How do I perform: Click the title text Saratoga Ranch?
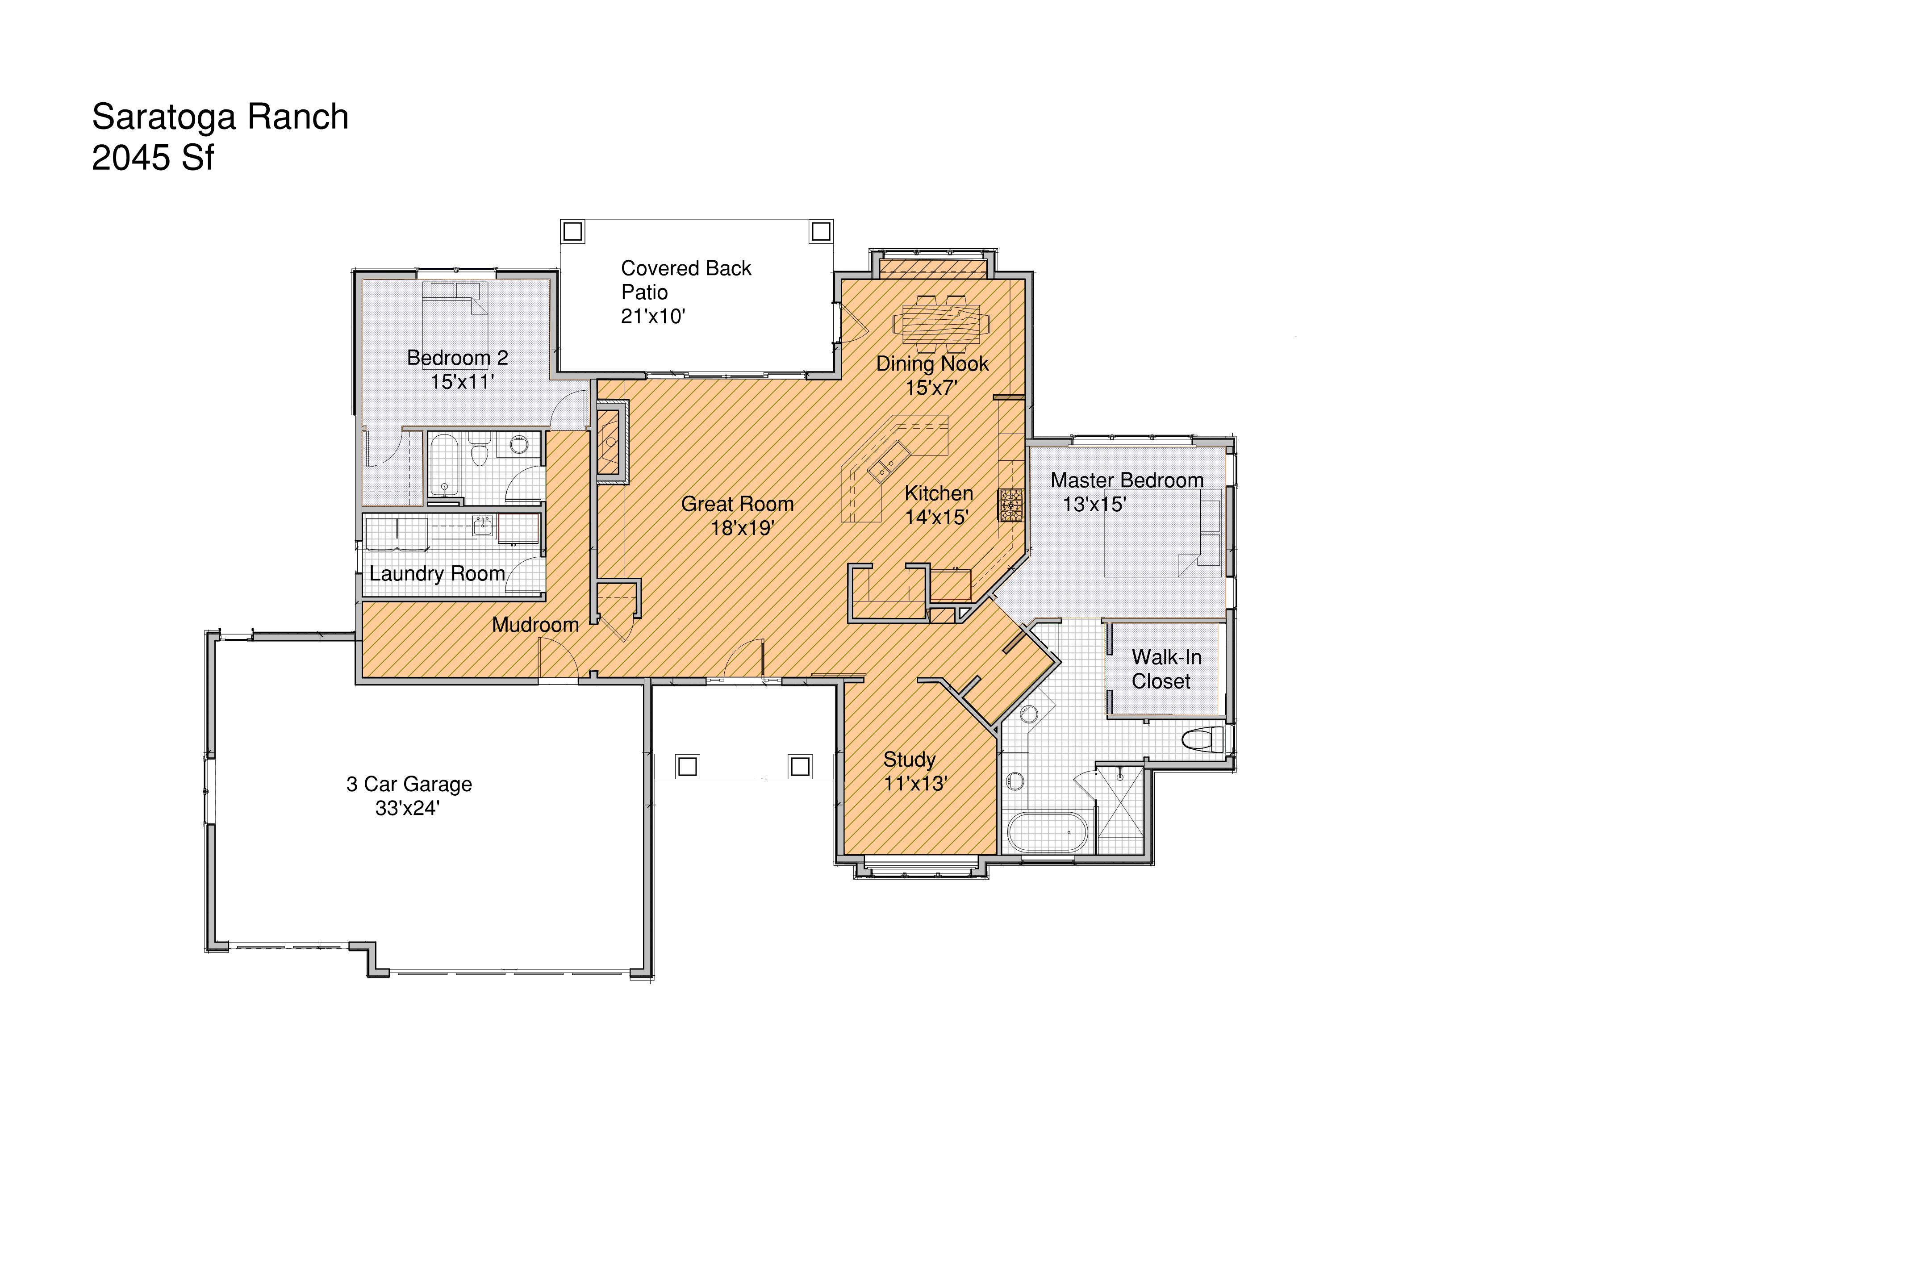(220, 117)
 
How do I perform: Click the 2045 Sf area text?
(153, 158)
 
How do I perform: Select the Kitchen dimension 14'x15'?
(937, 517)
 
